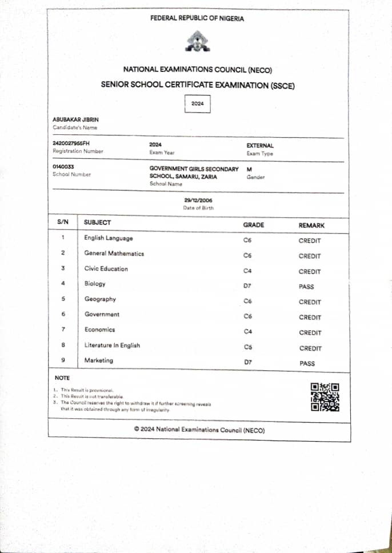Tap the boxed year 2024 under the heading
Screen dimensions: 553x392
pos(198,104)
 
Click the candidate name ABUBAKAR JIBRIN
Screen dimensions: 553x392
pos(75,119)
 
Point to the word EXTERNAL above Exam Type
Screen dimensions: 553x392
pos(260,146)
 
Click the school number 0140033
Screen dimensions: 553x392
pos(63,167)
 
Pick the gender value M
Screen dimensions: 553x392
pos(249,170)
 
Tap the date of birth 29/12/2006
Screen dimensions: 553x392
pos(198,201)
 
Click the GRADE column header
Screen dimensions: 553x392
pos(254,225)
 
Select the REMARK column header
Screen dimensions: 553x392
pos(311,226)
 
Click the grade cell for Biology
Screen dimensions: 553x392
pos(247,287)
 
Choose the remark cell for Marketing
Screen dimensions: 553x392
pos(307,363)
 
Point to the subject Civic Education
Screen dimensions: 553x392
pos(106,269)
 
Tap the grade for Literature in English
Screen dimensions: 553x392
pos(247,347)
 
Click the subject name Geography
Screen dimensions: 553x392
pos(100,299)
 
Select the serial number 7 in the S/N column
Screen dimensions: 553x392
pos(63,330)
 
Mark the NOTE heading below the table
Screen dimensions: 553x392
pos(62,378)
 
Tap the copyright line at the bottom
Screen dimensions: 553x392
pos(199,429)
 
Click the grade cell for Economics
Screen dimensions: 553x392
pos(247,332)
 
